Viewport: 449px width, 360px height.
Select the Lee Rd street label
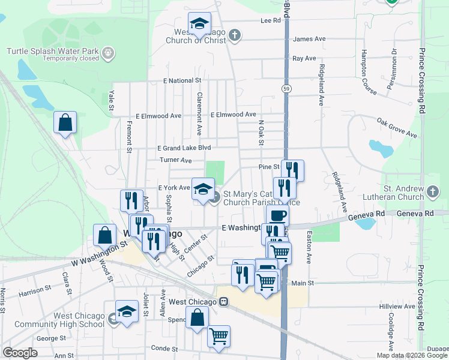(x=271, y=20)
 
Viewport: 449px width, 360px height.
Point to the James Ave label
(x=309, y=39)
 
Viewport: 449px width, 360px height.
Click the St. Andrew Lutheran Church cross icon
(x=433, y=193)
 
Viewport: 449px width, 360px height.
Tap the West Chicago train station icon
(x=223, y=302)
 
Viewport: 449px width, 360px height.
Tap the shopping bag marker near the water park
(x=65, y=123)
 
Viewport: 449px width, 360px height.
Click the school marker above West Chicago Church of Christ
(x=199, y=24)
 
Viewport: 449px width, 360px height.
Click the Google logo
(x=20, y=353)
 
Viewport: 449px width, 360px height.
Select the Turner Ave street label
(x=175, y=161)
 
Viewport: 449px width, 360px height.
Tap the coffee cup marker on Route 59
(x=277, y=216)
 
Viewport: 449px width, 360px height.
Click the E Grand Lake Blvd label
(x=184, y=148)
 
